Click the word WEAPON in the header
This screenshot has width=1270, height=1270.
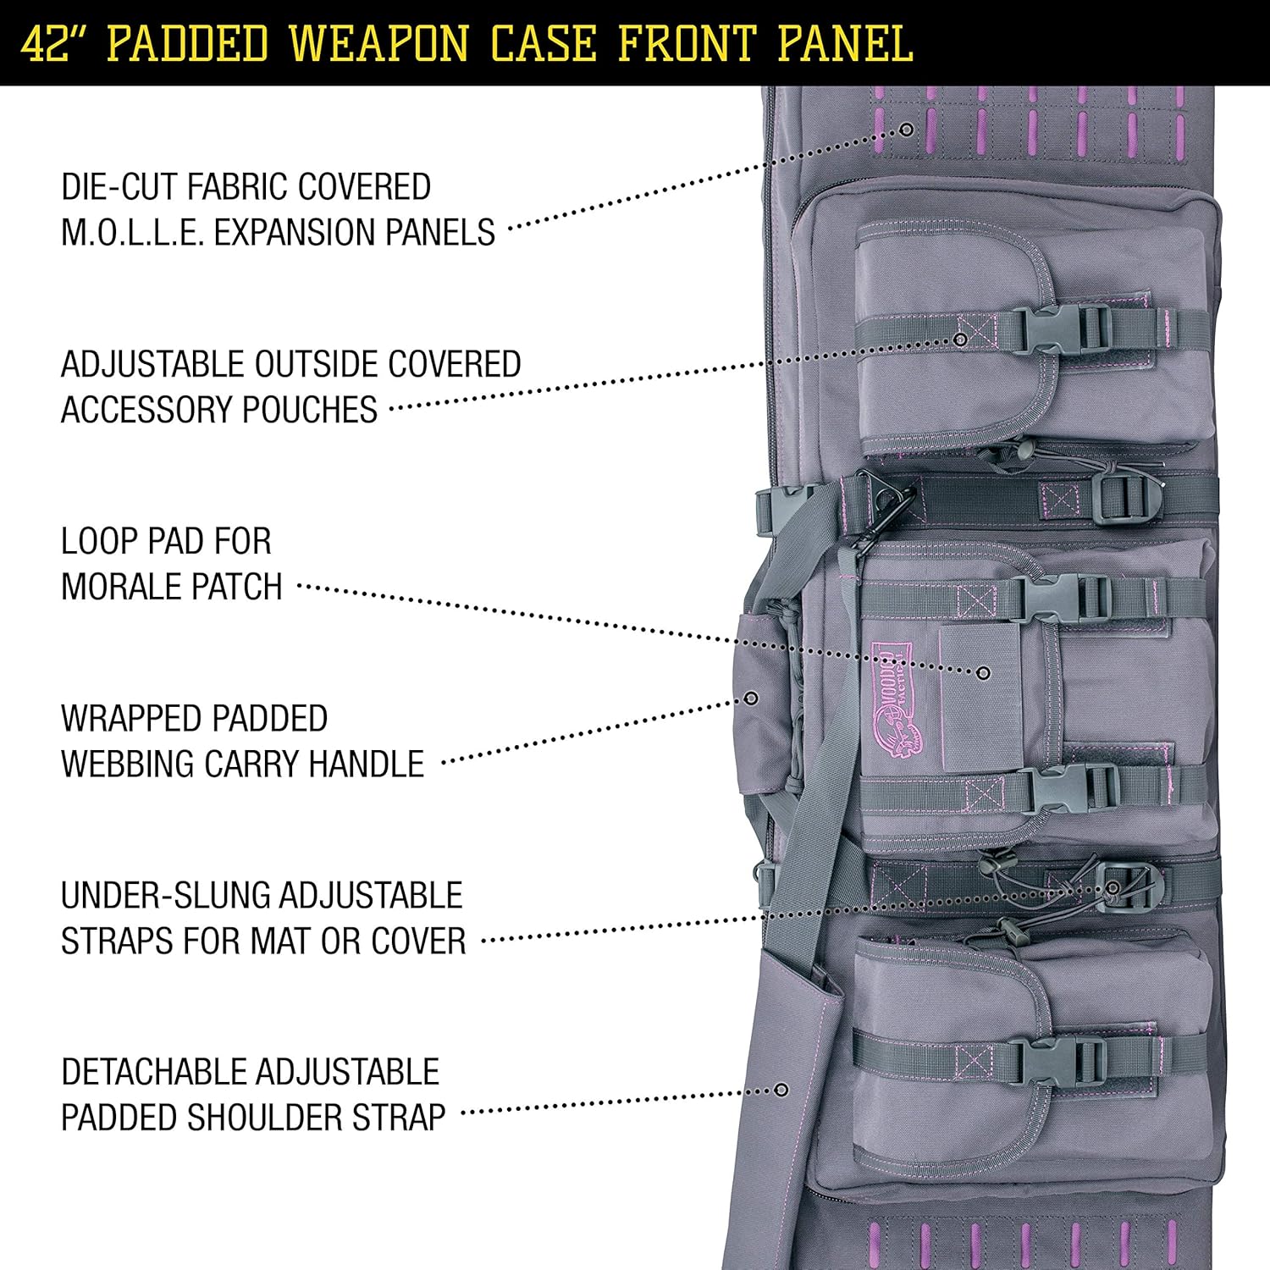click(x=379, y=43)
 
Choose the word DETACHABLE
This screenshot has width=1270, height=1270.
click(x=135, y=1072)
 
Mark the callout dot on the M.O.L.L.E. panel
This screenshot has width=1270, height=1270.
click(x=906, y=130)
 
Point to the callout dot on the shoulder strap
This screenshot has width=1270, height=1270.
click(x=781, y=1090)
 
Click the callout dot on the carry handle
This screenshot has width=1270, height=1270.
click(x=750, y=698)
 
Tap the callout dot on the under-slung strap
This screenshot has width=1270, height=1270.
click(x=1113, y=887)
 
